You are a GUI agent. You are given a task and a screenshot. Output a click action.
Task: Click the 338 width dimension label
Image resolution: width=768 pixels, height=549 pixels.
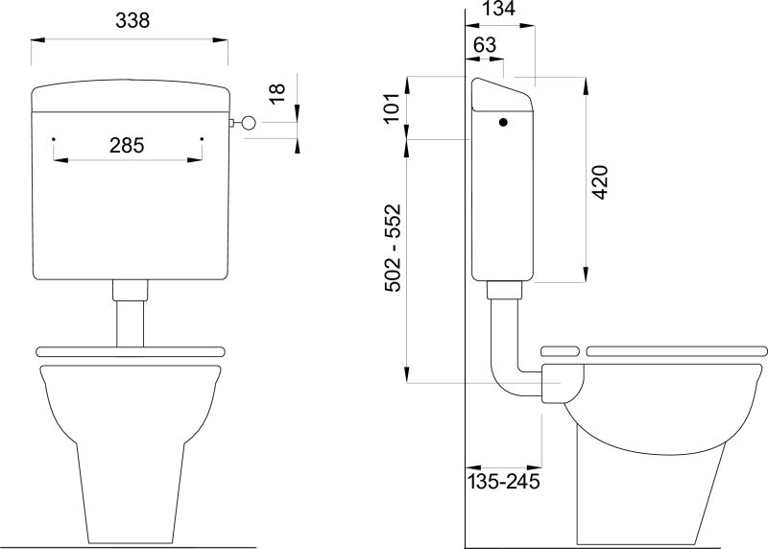[132, 20]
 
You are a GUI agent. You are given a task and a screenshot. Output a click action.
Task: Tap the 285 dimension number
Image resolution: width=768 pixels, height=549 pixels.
[127, 146]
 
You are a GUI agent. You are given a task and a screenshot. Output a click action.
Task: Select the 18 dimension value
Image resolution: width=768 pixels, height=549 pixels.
[277, 93]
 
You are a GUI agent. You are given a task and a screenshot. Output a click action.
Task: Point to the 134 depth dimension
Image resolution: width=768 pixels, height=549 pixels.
[498, 9]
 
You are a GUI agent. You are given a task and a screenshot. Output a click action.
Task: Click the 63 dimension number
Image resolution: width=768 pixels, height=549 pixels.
[485, 45]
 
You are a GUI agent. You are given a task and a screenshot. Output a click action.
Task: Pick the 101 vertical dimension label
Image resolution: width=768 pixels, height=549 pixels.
[392, 108]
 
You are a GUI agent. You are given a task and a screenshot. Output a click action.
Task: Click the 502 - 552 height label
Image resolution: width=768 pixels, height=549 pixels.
[393, 248]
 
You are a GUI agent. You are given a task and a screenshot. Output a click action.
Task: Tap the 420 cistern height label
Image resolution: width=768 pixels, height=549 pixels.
[600, 182]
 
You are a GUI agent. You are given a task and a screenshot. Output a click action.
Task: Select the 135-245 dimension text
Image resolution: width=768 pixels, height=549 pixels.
[503, 482]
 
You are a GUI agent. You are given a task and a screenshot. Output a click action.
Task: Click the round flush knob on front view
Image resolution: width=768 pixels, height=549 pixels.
[249, 123]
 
